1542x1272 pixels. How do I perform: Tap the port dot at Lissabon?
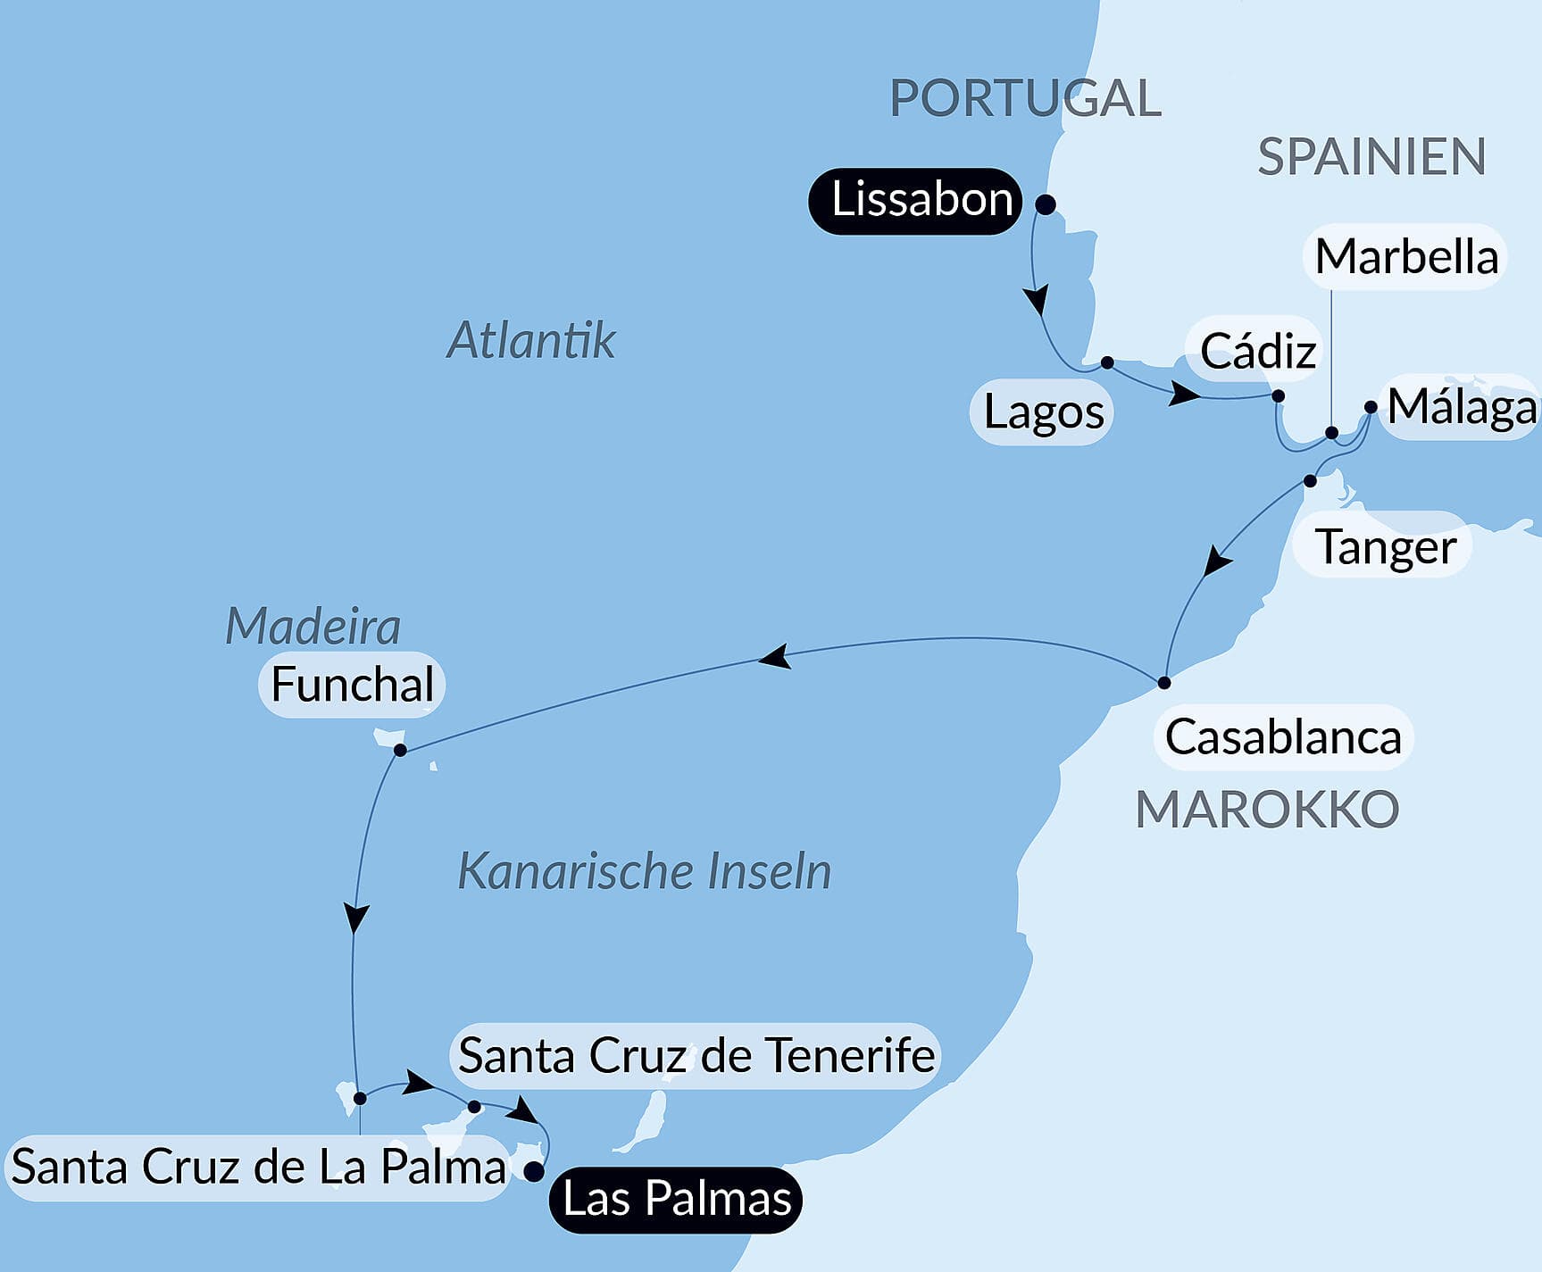click(1046, 205)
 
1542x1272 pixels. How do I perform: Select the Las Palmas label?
click(676, 1199)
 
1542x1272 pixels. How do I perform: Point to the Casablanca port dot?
click(1163, 683)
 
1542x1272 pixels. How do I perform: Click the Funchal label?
click(352, 686)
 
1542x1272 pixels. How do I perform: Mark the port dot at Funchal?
click(400, 750)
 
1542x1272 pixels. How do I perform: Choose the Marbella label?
click(1405, 257)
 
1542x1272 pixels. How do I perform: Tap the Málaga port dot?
click(1371, 407)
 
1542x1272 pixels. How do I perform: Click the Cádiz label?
click(1257, 351)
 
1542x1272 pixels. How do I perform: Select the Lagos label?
click(1043, 412)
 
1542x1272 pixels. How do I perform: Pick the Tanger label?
click(1385, 546)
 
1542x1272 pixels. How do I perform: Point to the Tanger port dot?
click(1310, 481)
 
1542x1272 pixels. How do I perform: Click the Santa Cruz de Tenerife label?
click(696, 1056)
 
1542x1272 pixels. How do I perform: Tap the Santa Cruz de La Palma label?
click(258, 1168)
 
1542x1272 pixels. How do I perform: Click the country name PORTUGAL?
click(1025, 98)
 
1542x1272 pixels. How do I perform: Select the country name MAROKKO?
click(1266, 810)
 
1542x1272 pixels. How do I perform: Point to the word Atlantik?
click(531, 340)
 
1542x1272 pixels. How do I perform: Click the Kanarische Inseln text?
click(644, 871)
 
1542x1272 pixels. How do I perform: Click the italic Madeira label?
click(313, 626)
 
